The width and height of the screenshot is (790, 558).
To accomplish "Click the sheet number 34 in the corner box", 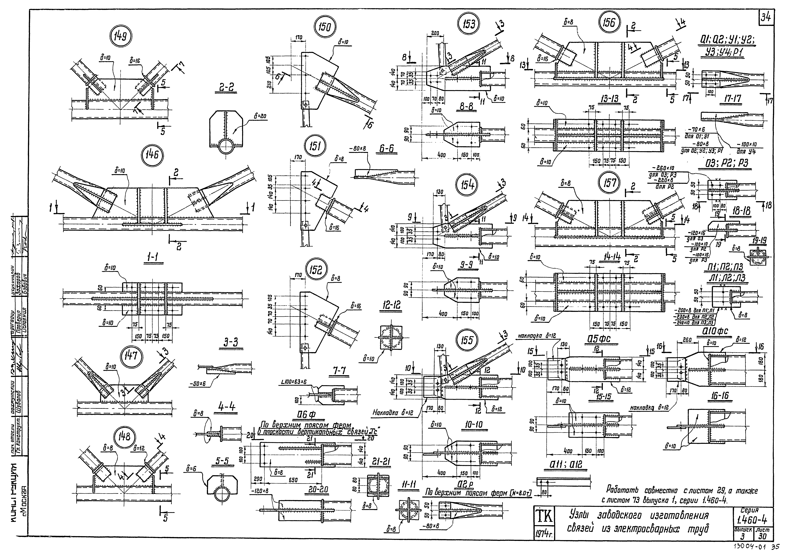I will click(766, 17).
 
